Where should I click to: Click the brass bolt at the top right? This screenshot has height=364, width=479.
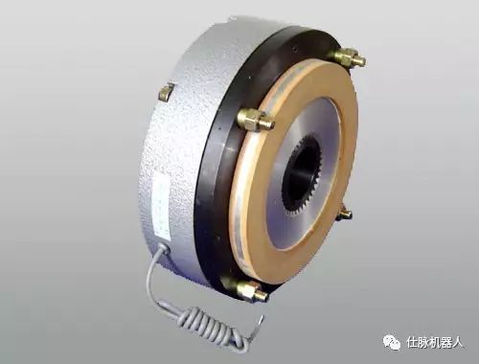coord(348,57)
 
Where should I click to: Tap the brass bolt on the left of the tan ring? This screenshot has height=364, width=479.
coord(256,120)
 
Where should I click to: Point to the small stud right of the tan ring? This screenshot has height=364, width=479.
coord(345,213)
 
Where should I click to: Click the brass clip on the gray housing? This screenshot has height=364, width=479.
coord(167,92)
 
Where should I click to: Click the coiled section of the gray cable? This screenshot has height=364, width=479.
coord(213,326)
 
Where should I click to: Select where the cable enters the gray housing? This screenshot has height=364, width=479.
coord(162,248)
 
